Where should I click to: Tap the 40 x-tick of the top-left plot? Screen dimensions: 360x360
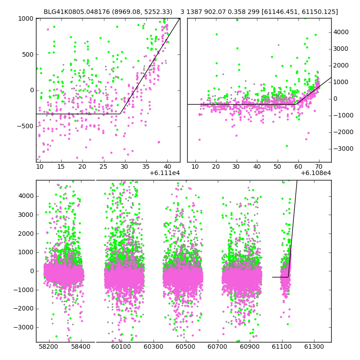click(167, 167)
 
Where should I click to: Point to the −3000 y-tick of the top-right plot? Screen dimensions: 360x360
click(342, 148)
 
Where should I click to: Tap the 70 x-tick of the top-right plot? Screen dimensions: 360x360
click(319, 167)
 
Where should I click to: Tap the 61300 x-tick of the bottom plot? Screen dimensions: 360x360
click(314, 347)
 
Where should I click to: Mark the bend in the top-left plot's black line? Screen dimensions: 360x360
click(121, 113)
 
